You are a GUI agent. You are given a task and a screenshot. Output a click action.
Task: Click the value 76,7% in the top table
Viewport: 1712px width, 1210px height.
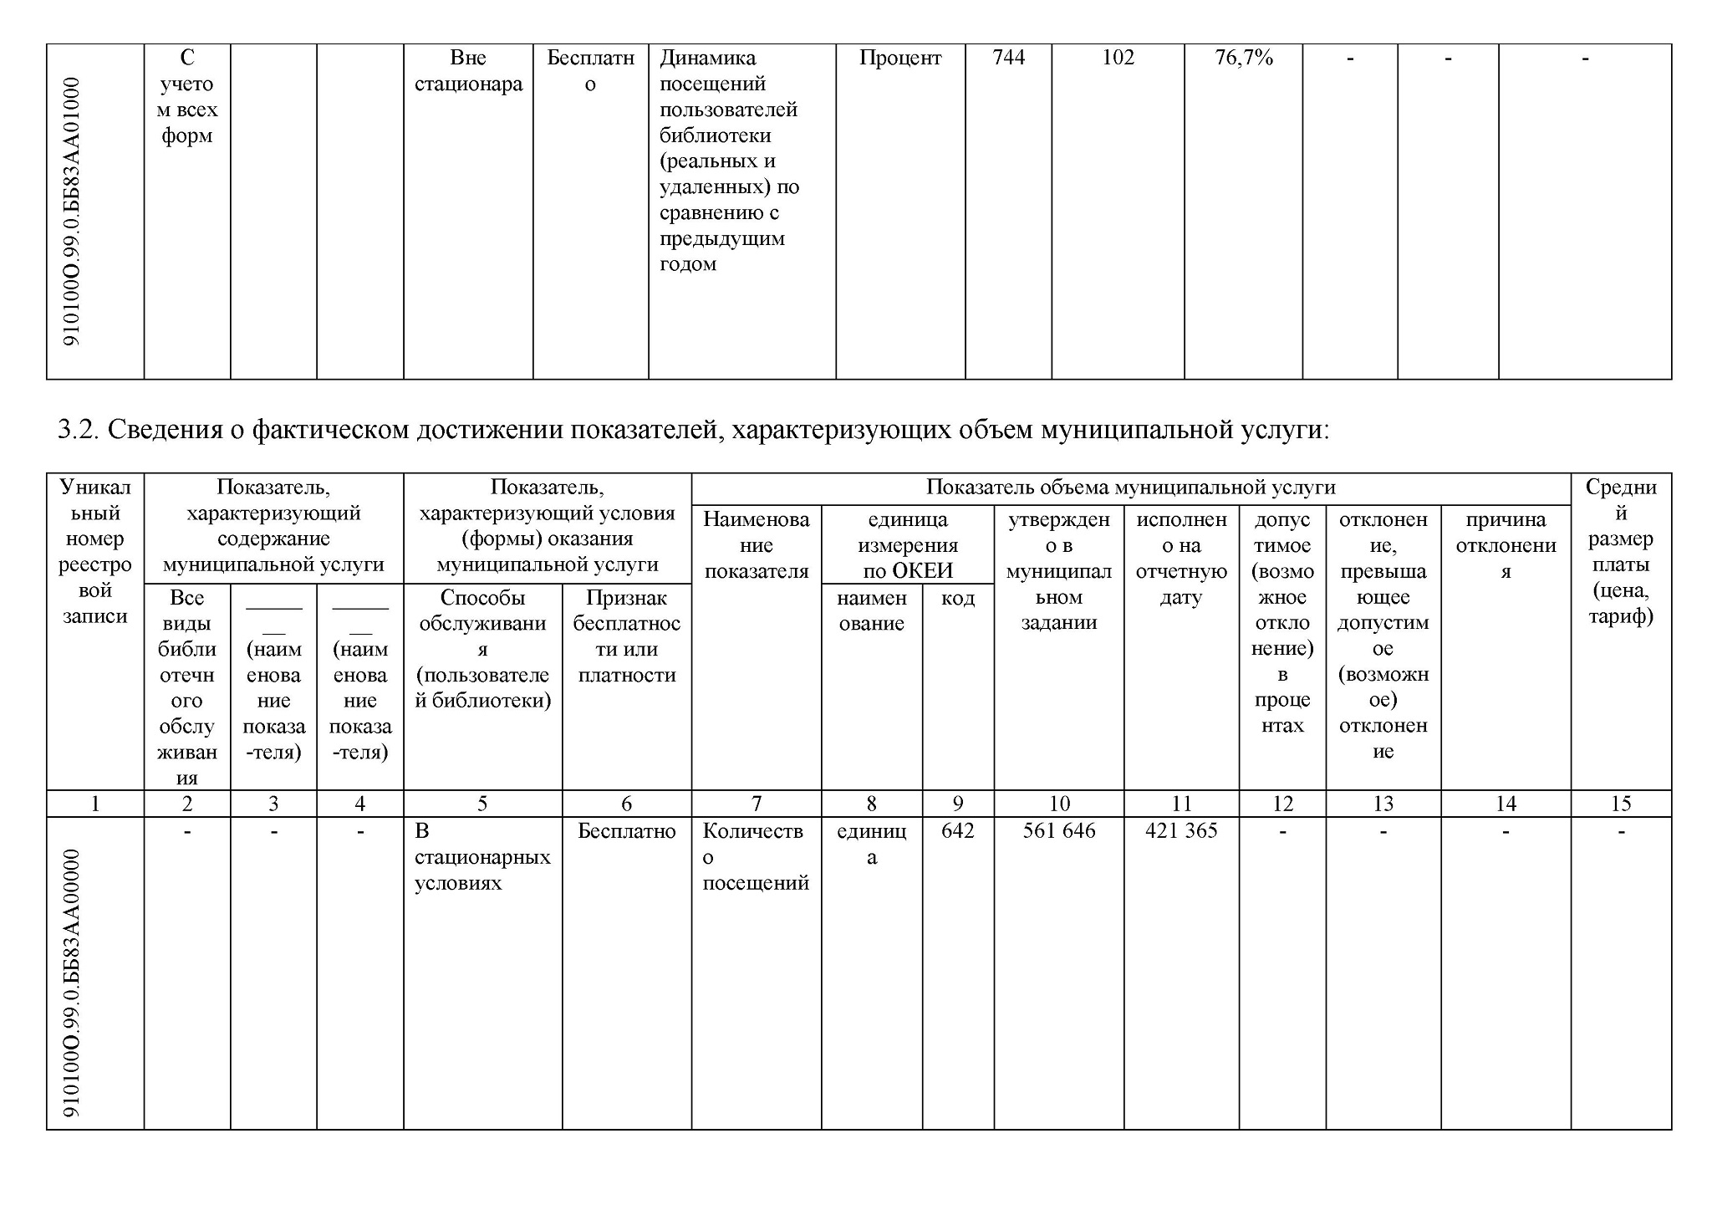tap(1243, 58)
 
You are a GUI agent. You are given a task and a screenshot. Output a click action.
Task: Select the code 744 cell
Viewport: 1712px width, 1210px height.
tap(1008, 58)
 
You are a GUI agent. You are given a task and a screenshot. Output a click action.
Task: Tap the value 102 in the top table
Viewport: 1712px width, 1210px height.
tap(1118, 58)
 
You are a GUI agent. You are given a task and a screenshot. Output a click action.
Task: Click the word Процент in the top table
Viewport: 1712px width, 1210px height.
tap(899, 58)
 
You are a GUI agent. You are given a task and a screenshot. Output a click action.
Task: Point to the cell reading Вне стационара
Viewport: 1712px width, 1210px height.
tap(468, 70)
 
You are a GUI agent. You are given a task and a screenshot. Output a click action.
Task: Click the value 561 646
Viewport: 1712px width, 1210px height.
tap(1058, 830)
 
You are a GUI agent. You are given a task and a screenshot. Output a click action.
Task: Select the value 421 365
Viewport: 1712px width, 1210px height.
tap(1180, 830)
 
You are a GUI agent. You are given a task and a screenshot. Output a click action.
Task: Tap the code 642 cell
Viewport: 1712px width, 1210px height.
tap(957, 830)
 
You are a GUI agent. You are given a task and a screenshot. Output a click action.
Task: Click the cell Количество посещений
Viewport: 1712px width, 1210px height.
tap(756, 856)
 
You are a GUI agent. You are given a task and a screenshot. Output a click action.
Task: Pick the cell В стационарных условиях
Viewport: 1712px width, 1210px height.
tap(481, 856)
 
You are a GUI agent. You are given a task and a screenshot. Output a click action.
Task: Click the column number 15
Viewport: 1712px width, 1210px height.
tap(1620, 804)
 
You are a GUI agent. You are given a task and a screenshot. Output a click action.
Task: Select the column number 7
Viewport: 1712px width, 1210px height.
tap(756, 804)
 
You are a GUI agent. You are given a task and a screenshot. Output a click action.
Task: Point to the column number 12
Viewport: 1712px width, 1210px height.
tap(1281, 804)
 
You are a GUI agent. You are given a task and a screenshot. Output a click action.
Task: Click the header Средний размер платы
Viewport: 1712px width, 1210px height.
tap(1620, 551)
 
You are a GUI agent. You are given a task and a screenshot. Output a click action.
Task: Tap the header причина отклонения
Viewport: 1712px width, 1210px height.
tap(1505, 545)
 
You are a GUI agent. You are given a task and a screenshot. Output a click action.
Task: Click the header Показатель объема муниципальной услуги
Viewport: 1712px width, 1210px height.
tap(1130, 488)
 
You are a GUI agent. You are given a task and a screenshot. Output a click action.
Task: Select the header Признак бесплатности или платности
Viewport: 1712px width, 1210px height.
tap(626, 636)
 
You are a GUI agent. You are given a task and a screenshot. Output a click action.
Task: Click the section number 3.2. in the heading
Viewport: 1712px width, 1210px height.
tap(79, 430)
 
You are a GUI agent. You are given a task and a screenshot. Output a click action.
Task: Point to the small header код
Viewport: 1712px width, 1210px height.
tap(957, 598)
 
